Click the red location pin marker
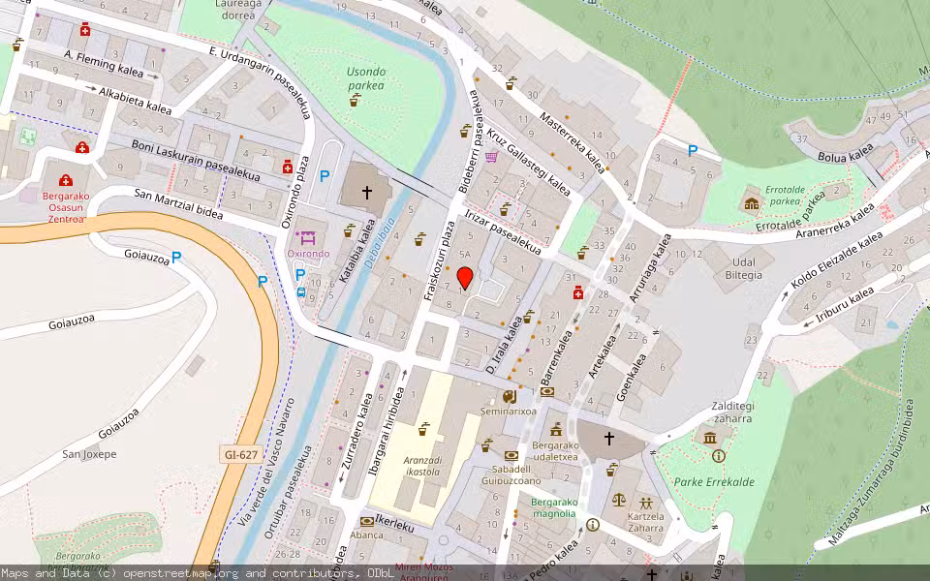[465, 278]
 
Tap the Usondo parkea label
[366, 78]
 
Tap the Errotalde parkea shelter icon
[751, 203]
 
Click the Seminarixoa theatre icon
[510, 396]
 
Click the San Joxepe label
[89, 454]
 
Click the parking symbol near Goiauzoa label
[176, 258]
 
